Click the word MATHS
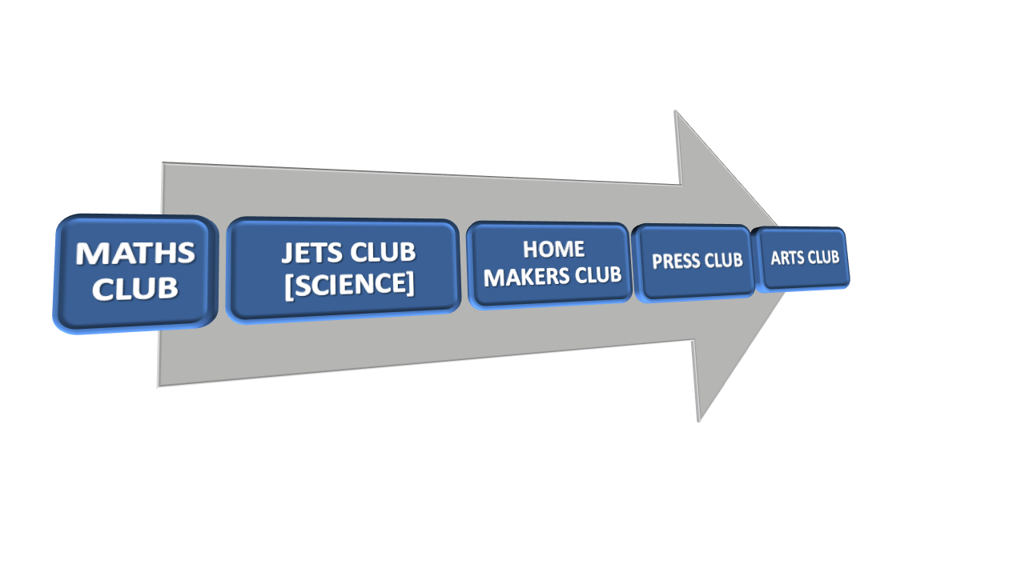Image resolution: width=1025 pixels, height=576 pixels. pyautogui.click(x=135, y=254)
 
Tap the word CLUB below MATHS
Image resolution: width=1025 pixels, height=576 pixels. pyautogui.click(x=135, y=289)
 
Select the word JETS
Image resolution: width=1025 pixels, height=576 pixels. pyautogui.click(x=311, y=253)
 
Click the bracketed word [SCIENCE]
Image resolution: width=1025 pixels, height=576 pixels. pyautogui.click(x=349, y=285)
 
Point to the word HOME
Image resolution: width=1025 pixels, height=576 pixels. pyautogui.click(x=553, y=249)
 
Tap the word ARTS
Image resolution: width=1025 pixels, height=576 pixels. pyautogui.click(x=787, y=258)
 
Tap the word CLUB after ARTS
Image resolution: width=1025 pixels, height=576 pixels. pyautogui.click(x=823, y=258)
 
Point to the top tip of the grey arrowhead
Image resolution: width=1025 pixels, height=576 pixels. pyautogui.click(x=676, y=112)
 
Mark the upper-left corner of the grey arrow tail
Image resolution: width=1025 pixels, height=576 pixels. pyautogui.click(x=163, y=163)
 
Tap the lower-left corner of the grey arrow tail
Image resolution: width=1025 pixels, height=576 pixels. pyautogui.click(x=159, y=386)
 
